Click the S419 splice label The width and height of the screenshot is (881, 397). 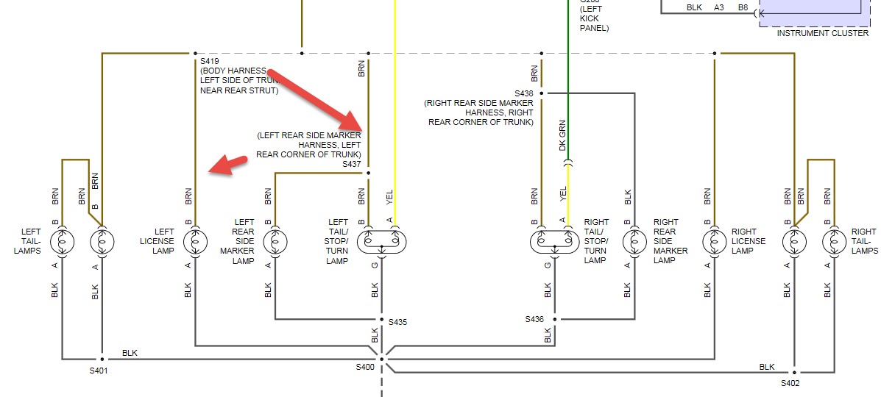(x=210, y=61)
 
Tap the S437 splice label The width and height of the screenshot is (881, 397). (x=352, y=165)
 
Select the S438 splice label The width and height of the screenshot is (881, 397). (x=523, y=93)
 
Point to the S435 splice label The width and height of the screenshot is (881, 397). (x=398, y=322)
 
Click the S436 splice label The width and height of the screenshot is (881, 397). (x=535, y=319)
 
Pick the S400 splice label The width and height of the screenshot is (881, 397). (x=365, y=366)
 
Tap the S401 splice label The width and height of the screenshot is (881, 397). (x=99, y=371)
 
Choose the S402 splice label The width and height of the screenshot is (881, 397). (x=790, y=383)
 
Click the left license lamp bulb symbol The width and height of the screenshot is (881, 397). (x=195, y=241)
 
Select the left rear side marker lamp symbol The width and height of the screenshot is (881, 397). (x=275, y=241)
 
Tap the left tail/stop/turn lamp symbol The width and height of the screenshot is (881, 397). (x=381, y=241)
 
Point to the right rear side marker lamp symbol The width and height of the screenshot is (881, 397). (x=634, y=241)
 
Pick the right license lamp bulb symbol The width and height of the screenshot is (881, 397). (x=713, y=241)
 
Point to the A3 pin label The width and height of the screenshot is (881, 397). (x=718, y=7)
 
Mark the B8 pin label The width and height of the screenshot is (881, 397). (x=743, y=7)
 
